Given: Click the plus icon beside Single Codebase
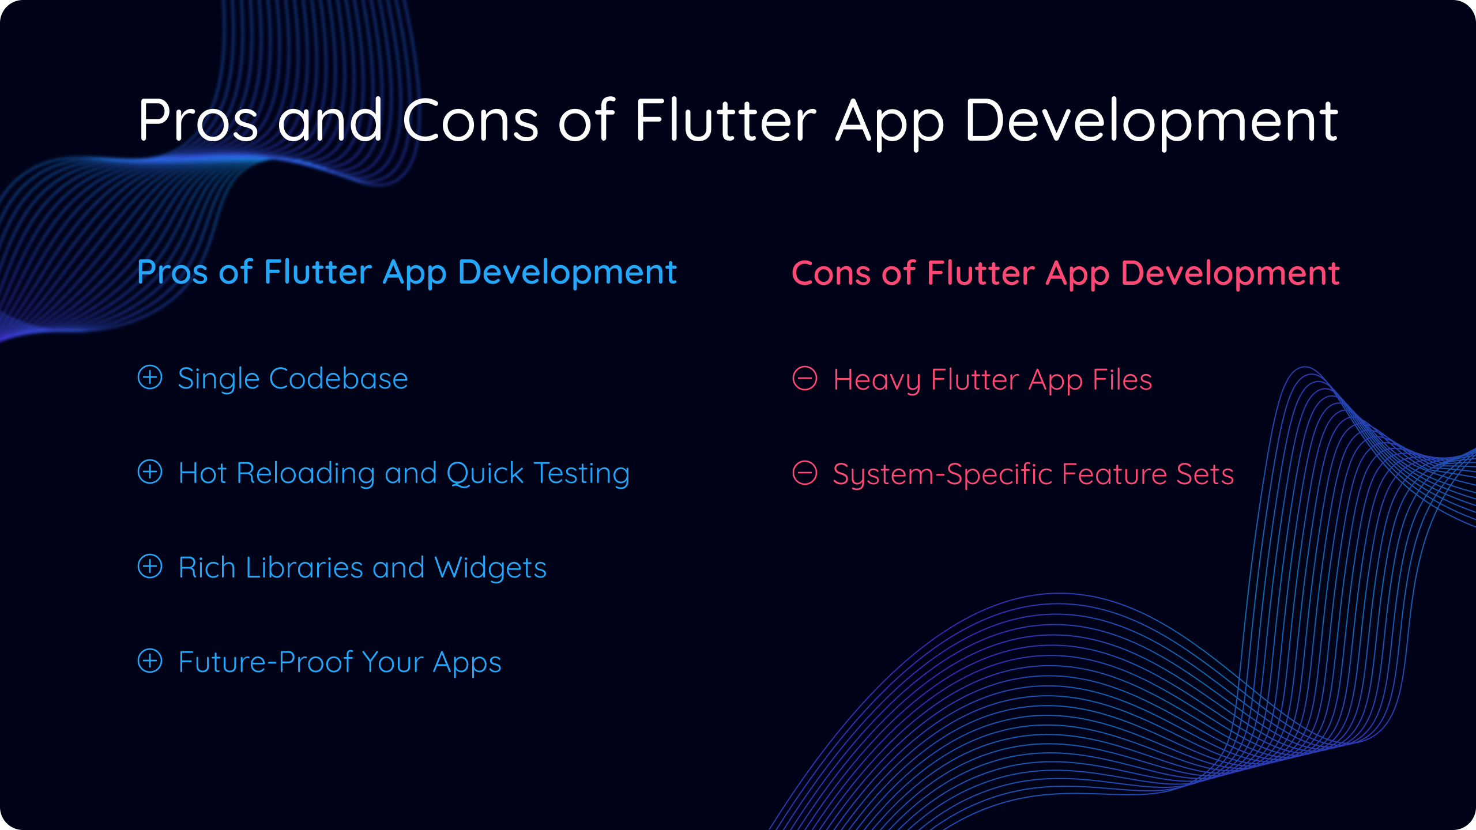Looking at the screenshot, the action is tap(150, 378).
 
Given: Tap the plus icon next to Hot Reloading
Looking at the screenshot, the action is tap(150, 472).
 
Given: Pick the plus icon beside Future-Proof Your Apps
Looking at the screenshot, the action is tap(150, 661).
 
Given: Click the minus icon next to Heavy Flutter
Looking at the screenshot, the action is tap(805, 379).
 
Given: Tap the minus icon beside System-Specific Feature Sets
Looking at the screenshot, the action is tap(805, 473).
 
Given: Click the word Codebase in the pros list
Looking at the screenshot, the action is tap(338, 379).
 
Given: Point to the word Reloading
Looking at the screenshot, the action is tap(306, 474).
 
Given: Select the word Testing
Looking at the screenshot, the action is tap(582, 474).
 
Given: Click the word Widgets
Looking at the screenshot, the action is tap(491, 569).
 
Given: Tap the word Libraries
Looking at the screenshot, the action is tap(304, 568).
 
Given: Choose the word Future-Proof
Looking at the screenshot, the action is tap(266, 662).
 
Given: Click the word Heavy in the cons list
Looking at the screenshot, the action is tap(877, 381).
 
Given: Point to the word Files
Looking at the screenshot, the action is tap(1123, 380).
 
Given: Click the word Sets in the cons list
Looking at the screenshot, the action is tap(1205, 474).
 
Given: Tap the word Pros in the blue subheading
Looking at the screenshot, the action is tap(172, 272).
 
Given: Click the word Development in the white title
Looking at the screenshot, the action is tap(1151, 123).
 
